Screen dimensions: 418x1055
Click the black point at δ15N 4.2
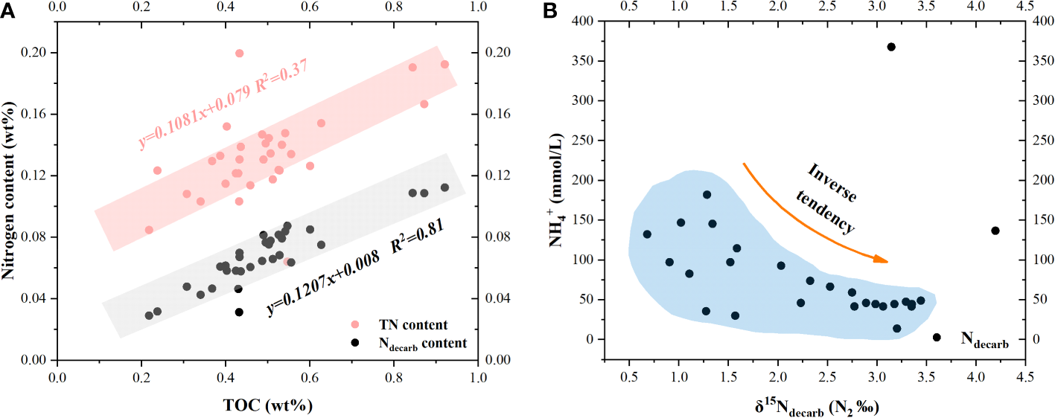(995, 231)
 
